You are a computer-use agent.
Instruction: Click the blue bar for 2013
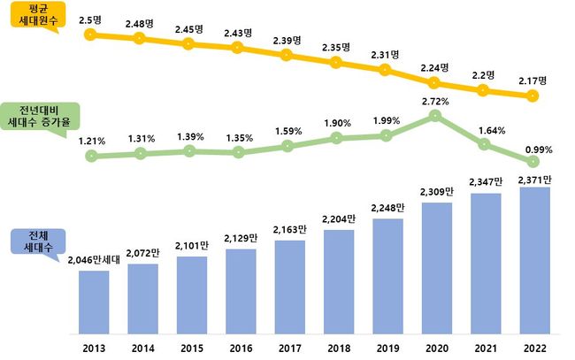tap(94, 302)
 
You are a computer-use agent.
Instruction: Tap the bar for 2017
tap(289, 287)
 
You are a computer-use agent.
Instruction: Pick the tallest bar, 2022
tap(533, 260)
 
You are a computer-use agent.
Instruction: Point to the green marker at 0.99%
tap(532, 163)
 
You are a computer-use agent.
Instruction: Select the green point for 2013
tap(91, 157)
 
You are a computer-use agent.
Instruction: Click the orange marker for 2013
tap(89, 35)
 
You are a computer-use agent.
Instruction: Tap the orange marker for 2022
tap(532, 96)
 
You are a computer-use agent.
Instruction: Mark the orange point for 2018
tap(337, 62)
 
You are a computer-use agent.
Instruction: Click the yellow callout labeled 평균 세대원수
tap(34, 18)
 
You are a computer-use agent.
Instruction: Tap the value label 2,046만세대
tap(95, 261)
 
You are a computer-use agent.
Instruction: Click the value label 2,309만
tap(434, 191)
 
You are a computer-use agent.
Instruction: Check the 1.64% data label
tap(484, 131)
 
